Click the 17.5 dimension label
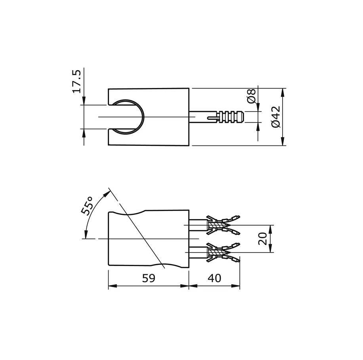(77, 81)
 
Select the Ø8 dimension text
(251, 96)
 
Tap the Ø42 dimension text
(276, 117)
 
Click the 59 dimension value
(149, 278)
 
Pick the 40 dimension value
(214, 278)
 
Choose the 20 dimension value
(262, 239)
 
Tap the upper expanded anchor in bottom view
(223, 225)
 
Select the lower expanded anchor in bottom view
(223, 253)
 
